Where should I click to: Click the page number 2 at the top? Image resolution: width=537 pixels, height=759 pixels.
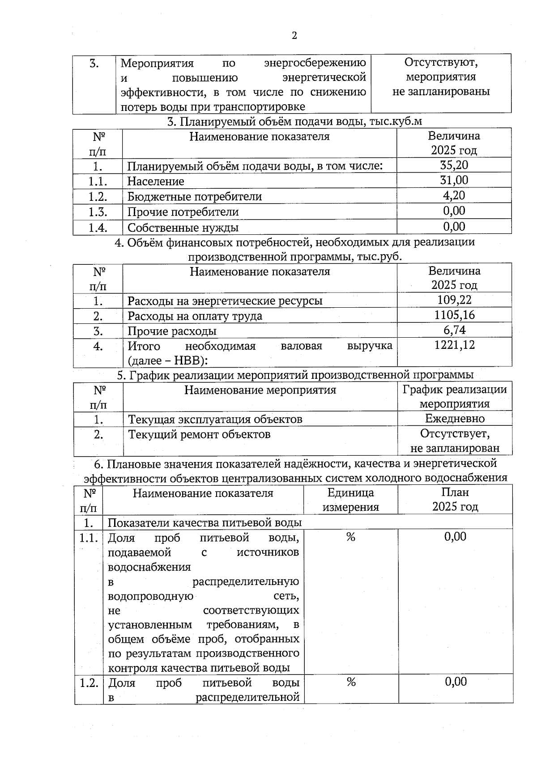click(x=294, y=36)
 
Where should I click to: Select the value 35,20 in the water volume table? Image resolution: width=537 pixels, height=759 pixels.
click(x=454, y=165)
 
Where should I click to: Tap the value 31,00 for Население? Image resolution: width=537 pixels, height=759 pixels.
click(x=454, y=180)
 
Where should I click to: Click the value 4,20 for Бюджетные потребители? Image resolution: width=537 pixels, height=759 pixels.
click(x=454, y=195)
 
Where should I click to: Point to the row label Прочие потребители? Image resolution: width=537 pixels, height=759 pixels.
click(x=183, y=212)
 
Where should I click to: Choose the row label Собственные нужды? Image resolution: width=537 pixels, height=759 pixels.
click(x=183, y=227)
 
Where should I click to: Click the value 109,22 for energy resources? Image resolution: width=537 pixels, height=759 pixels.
click(x=454, y=300)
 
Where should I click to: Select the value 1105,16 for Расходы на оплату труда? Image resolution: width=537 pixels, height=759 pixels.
click(x=454, y=315)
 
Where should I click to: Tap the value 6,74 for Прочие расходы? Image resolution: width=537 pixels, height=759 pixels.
click(x=454, y=330)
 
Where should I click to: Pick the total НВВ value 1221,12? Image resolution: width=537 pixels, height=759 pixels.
click(x=454, y=345)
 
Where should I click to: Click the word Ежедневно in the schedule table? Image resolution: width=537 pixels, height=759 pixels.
click(x=455, y=419)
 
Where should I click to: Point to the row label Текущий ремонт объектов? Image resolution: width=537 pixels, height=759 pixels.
click(x=199, y=434)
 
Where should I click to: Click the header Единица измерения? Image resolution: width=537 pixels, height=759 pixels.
click(x=351, y=500)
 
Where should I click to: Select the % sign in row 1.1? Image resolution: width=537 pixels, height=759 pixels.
click(x=351, y=537)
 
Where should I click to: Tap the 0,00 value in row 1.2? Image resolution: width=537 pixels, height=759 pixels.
click(x=456, y=682)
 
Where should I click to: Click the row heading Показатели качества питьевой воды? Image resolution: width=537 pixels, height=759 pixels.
click(x=205, y=522)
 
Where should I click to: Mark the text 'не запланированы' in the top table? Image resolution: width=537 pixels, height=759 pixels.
click(x=441, y=92)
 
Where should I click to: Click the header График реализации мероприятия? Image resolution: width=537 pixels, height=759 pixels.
click(x=455, y=396)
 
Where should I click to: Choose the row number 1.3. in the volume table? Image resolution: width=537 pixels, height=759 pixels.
click(x=98, y=212)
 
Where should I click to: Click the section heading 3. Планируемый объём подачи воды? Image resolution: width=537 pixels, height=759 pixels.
click(x=294, y=121)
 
